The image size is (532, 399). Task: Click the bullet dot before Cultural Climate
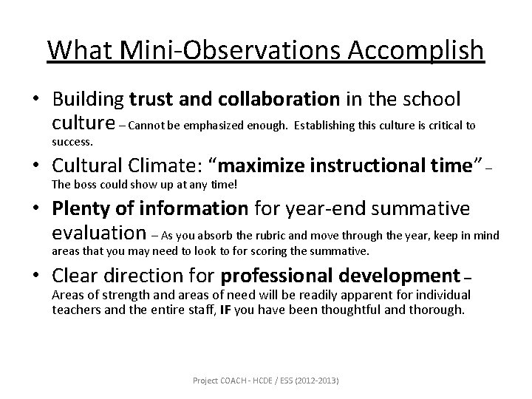point(36,167)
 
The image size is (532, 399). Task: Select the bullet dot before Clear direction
point(36,277)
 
